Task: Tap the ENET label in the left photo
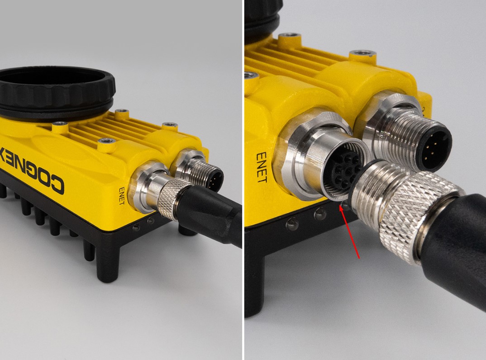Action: coord(122,196)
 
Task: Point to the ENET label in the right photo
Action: coord(262,167)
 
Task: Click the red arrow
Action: coord(349,232)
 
